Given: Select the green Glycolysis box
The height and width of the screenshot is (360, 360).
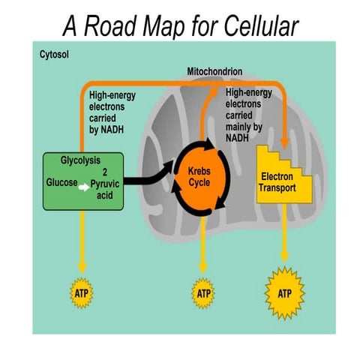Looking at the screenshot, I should click(x=82, y=180).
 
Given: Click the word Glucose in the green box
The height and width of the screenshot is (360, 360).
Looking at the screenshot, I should click(x=60, y=181).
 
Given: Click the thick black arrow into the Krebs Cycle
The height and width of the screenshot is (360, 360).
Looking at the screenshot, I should click(x=146, y=178).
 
